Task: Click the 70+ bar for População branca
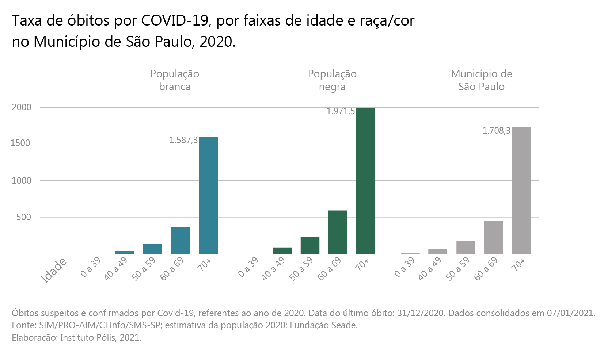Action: (208, 195)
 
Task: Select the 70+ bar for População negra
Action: (365, 181)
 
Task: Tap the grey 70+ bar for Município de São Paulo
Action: (521, 191)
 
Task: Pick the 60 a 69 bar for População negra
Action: (338, 232)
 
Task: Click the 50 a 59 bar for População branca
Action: (152, 249)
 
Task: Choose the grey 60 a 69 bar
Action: (493, 237)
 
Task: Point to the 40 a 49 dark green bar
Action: (282, 251)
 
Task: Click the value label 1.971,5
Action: (340, 111)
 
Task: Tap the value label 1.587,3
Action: (183, 140)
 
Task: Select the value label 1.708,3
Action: (496, 131)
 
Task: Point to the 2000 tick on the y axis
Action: (22, 107)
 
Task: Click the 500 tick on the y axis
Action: (23, 217)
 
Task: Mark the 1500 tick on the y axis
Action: (20, 143)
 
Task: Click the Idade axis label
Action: (54, 271)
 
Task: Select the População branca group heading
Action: (175, 80)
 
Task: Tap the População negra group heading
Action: (332, 80)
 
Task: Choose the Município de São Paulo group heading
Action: (482, 80)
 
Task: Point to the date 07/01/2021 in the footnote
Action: (571, 313)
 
